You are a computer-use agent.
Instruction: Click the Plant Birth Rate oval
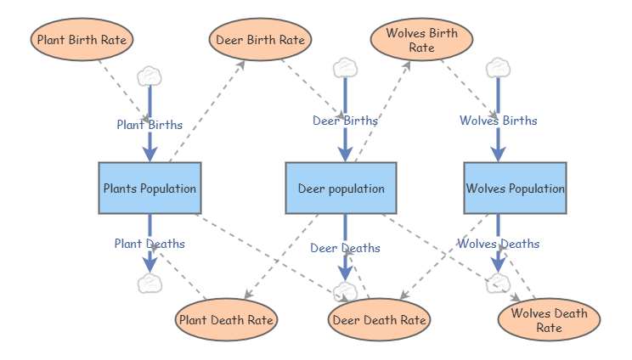coord(82,39)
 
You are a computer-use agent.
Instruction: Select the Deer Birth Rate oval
coord(260,39)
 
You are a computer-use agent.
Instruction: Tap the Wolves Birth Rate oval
coord(421,40)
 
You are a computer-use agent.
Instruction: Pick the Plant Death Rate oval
coord(226,320)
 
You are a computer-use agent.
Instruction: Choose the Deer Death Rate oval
coord(378,320)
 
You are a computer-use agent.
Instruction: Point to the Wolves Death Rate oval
coord(549,319)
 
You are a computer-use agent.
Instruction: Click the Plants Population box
coord(150,188)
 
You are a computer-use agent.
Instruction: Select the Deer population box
coord(341,188)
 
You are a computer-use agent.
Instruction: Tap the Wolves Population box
coord(515,188)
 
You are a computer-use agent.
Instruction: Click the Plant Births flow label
coord(150,125)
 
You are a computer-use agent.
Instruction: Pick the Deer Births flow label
coord(345,121)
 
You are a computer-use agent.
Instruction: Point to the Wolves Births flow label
coord(498,121)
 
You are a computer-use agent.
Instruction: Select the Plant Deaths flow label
coord(150,244)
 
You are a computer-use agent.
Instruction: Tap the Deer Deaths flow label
coord(345,248)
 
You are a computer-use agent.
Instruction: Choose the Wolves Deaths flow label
coord(498,244)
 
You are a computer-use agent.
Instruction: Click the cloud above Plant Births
coord(150,76)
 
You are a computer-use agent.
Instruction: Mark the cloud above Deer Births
coord(345,67)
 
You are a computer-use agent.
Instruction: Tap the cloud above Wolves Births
coord(498,67)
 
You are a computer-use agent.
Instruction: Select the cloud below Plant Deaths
coord(150,283)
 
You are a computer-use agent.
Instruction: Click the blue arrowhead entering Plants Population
coord(150,153)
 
